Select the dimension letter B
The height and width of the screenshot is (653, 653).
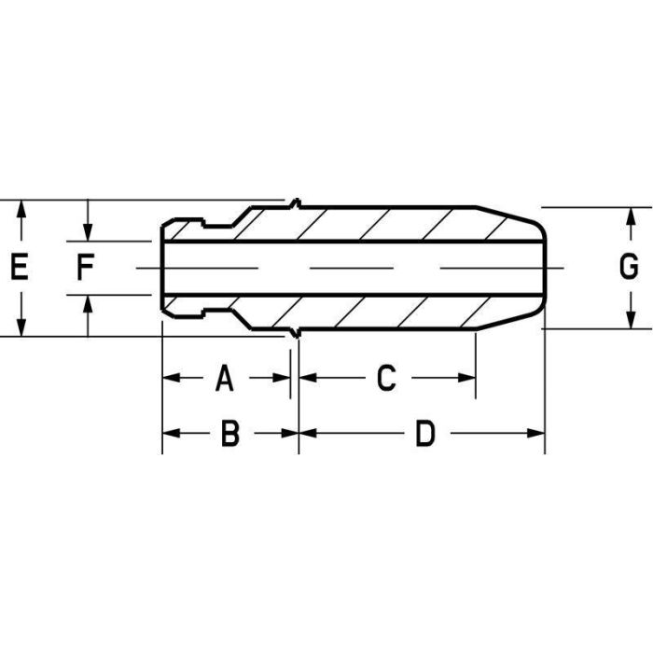click(229, 434)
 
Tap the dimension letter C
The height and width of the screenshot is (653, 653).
click(386, 378)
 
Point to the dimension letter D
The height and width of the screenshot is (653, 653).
click(425, 434)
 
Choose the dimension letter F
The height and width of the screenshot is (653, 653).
click(85, 269)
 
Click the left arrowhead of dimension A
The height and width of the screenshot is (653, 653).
click(170, 378)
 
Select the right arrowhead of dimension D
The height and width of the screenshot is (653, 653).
click(536, 434)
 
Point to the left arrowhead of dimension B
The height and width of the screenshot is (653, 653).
click(170, 434)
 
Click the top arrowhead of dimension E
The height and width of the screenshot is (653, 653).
click(21, 207)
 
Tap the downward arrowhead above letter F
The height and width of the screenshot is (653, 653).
click(87, 233)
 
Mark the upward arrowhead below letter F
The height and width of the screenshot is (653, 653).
click(87, 304)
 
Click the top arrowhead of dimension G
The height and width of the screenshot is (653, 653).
click(631, 215)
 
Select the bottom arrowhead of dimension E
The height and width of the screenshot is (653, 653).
click(21, 328)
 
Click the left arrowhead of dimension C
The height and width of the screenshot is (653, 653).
click(306, 378)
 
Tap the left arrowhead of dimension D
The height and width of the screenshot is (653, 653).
click(306, 434)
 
